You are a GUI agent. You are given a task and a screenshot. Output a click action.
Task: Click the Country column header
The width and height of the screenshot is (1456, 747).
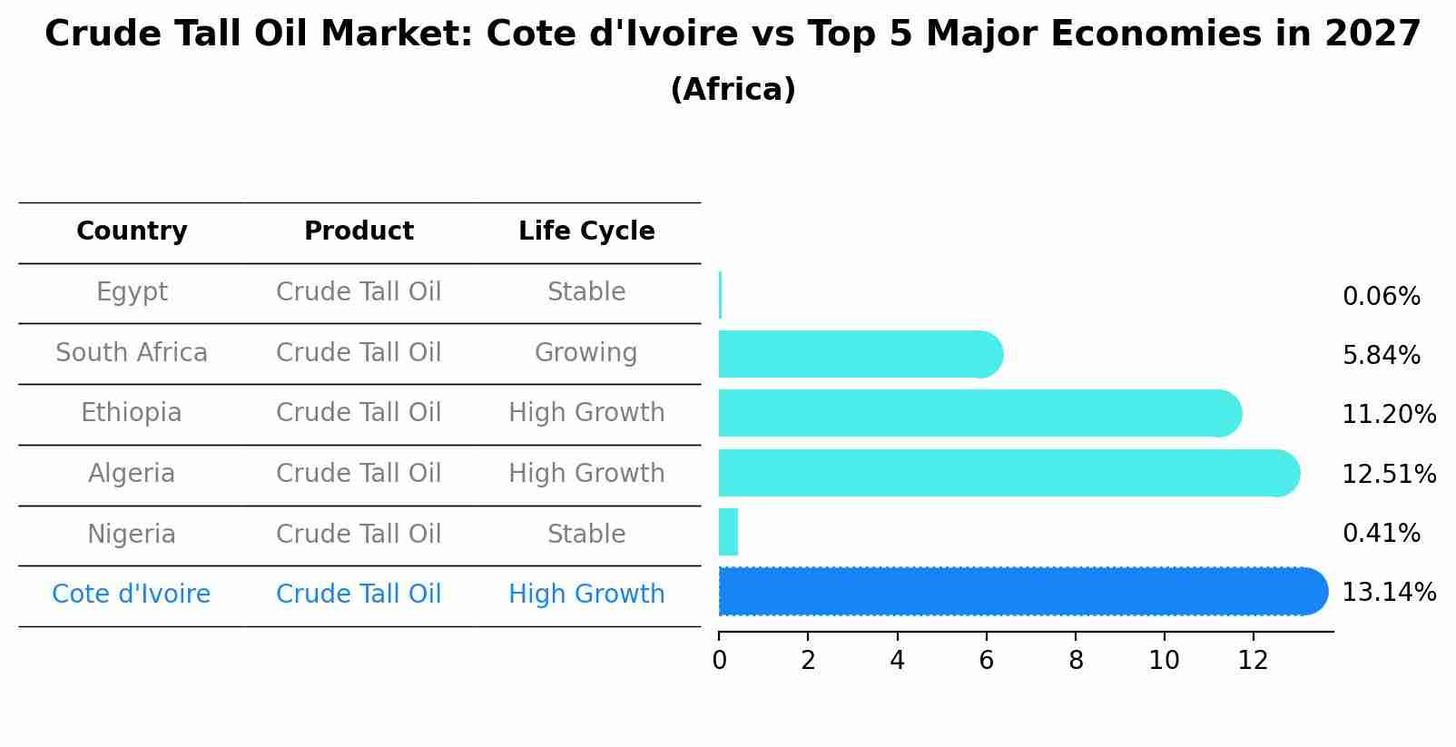[x=132, y=231]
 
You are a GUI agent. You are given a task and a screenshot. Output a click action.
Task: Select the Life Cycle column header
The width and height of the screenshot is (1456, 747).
[x=586, y=231]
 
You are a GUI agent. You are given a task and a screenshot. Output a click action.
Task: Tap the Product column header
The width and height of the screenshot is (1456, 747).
[x=359, y=231]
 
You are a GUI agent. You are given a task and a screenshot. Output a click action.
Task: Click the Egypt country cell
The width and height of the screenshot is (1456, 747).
[x=132, y=292]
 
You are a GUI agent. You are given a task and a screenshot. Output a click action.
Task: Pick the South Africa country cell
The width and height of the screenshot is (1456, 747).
[x=132, y=353]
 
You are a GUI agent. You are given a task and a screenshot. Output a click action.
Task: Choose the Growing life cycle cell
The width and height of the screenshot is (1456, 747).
[x=586, y=353]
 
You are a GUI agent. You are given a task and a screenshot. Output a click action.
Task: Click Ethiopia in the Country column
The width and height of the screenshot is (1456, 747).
[x=132, y=413]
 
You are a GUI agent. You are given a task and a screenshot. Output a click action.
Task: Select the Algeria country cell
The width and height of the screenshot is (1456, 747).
[x=132, y=474]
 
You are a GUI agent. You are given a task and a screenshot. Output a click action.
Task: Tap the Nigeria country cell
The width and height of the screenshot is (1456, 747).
[x=132, y=535]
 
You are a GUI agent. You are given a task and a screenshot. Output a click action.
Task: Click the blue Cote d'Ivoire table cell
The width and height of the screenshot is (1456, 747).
[x=132, y=595]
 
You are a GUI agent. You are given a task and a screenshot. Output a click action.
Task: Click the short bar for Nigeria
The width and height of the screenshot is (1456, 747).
[x=728, y=532]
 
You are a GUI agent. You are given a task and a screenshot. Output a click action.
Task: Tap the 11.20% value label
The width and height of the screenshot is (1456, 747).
[x=1389, y=415]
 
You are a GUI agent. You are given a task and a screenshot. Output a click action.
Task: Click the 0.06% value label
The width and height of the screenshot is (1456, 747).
[x=1381, y=297]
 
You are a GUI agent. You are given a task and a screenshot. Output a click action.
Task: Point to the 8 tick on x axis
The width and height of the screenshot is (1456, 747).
[x=1076, y=661]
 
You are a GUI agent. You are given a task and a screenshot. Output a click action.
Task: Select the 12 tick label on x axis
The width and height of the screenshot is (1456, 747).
[x=1253, y=661]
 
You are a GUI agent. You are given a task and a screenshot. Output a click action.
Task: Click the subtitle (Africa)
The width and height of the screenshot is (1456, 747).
[x=733, y=90]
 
